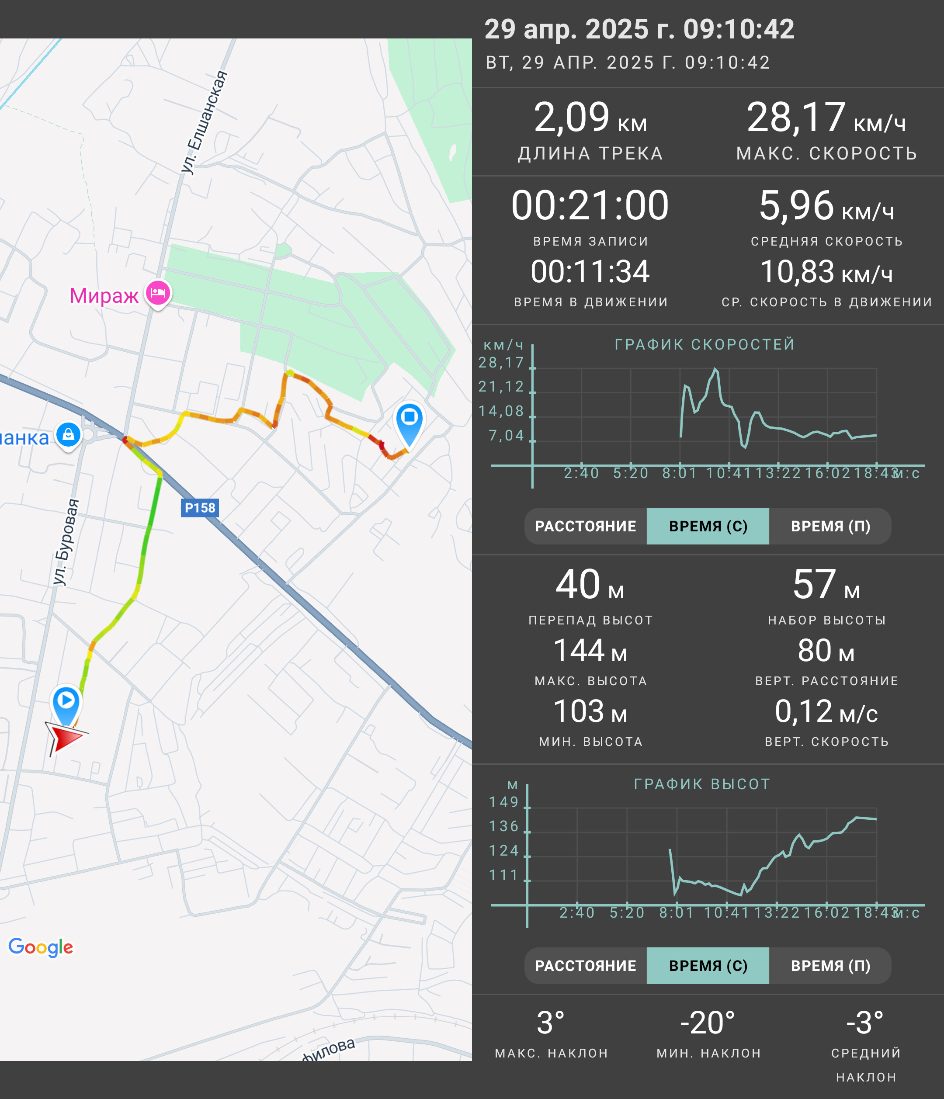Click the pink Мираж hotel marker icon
[158, 293]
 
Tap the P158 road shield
[199, 508]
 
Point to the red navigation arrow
[65, 737]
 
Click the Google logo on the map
[41, 947]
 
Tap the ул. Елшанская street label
[205, 121]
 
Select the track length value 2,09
[571, 117]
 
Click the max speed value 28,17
[795, 117]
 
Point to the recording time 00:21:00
[590, 205]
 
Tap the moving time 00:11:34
[590, 271]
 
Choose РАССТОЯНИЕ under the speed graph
[586, 526]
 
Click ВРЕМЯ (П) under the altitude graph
[830, 966]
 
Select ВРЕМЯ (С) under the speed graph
[708, 526]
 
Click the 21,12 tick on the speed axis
[501, 387]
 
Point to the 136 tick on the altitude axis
[503, 826]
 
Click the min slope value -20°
[708, 1023]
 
